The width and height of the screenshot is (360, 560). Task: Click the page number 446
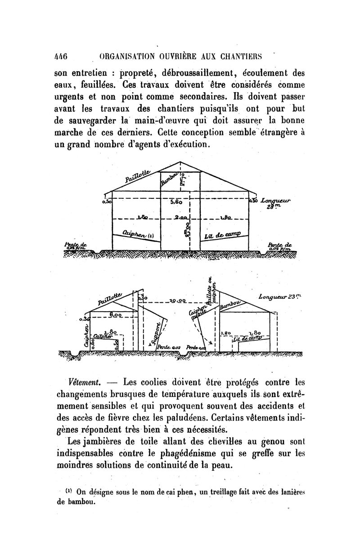[x=60, y=57]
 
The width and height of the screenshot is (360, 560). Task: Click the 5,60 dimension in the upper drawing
[x=176, y=202]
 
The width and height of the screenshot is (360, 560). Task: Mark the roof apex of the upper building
[x=180, y=161]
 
